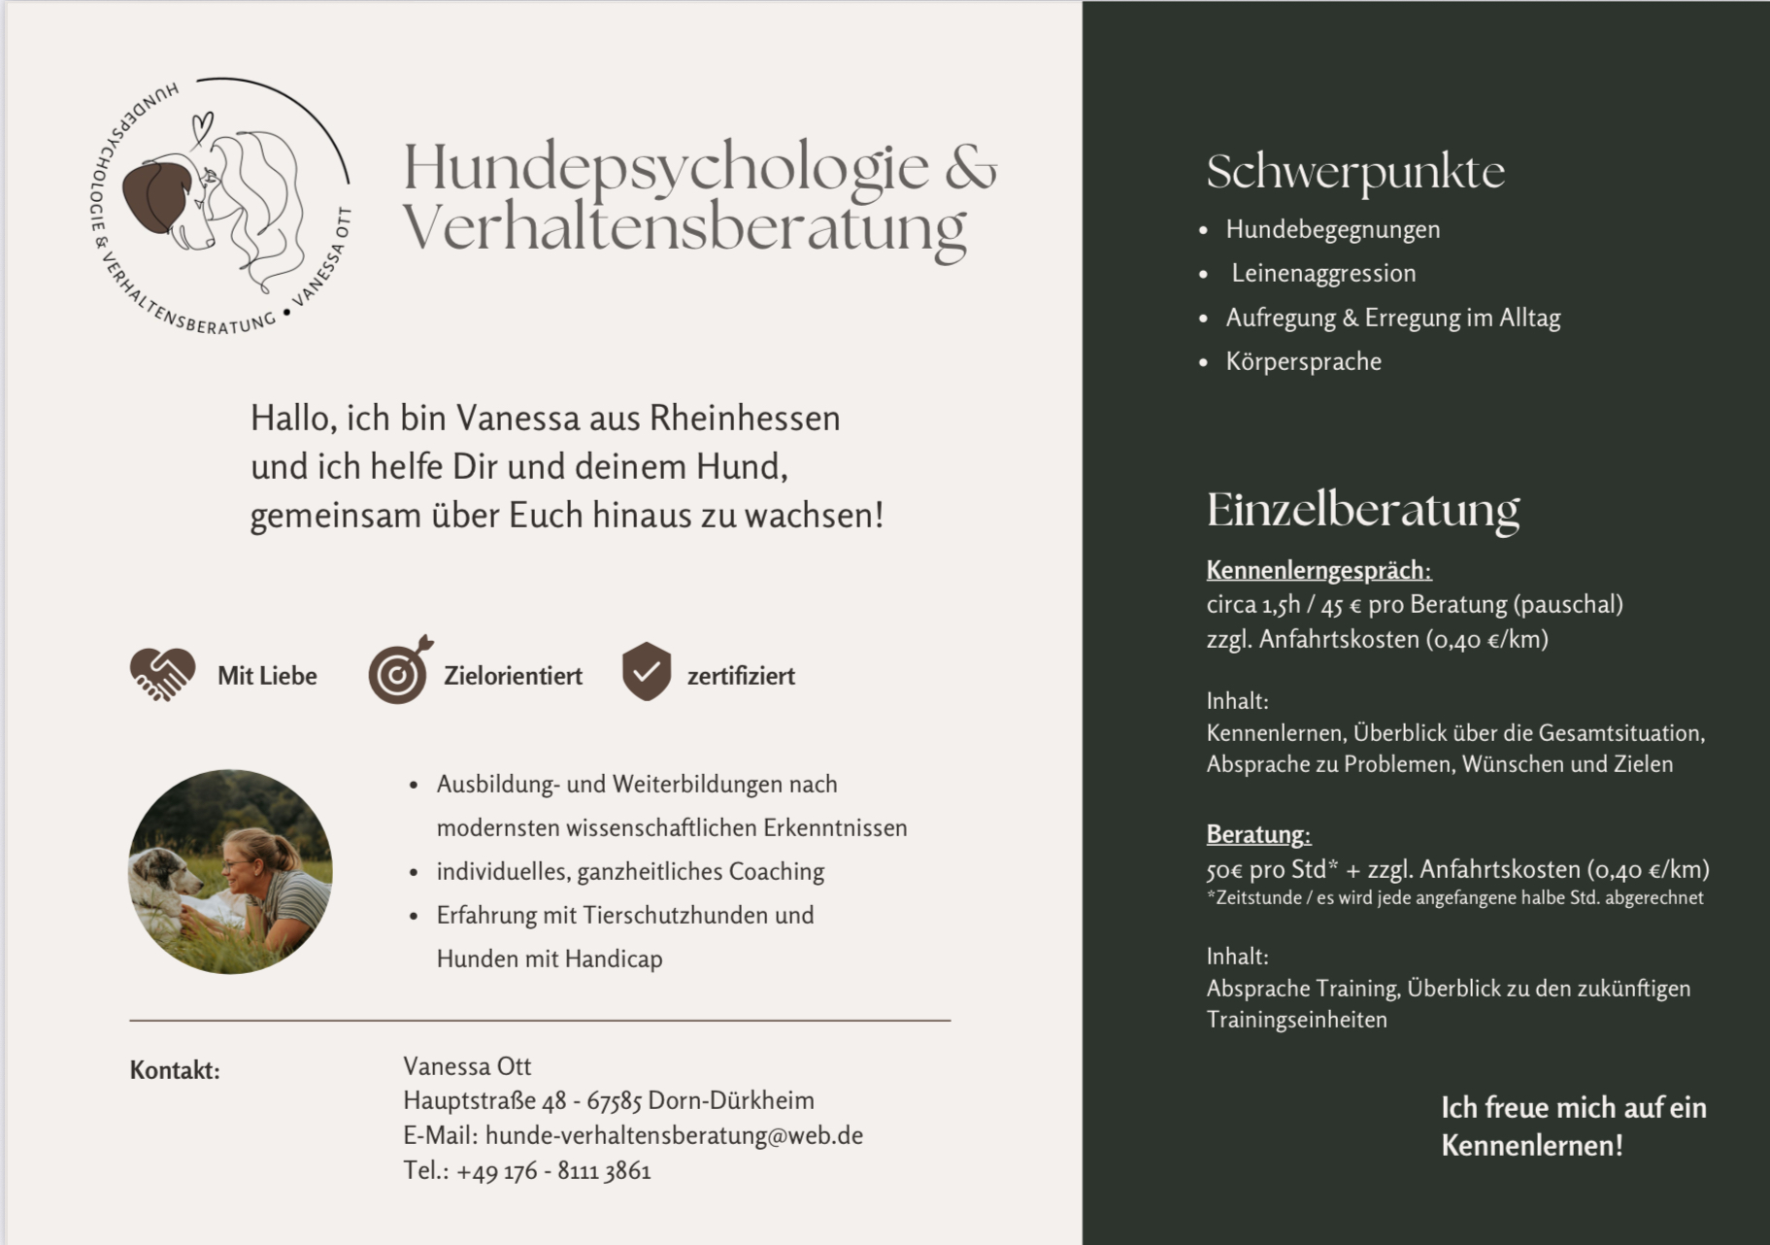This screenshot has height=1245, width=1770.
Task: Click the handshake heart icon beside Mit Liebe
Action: tap(162, 674)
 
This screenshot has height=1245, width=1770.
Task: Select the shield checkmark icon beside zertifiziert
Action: tap(647, 671)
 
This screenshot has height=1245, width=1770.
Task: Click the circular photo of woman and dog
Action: tap(230, 872)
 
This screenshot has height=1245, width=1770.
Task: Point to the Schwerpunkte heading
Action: tap(1355, 173)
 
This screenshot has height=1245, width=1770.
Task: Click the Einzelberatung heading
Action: tap(1362, 510)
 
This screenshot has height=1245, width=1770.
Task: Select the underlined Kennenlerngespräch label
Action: tap(1319, 570)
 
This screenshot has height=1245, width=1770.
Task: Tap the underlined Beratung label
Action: tap(1258, 834)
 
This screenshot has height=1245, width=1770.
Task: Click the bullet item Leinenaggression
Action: tap(1323, 274)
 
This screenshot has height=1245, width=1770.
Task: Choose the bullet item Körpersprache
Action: tap(1303, 362)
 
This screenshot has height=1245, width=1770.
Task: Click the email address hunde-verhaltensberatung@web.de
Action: tap(674, 1135)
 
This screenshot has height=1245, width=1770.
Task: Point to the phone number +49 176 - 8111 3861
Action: tap(553, 1171)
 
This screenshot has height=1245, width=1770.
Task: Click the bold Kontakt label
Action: tap(175, 1070)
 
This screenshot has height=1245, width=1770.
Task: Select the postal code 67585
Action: tap(614, 1101)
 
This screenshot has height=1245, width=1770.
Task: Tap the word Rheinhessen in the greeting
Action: tap(744, 419)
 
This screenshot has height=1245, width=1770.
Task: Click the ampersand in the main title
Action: tap(969, 167)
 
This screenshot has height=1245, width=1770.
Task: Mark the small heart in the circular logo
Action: tap(201, 125)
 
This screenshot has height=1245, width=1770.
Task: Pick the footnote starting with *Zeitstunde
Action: tap(1454, 897)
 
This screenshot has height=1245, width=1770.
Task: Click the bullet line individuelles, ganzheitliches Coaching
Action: tap(630, 872)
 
